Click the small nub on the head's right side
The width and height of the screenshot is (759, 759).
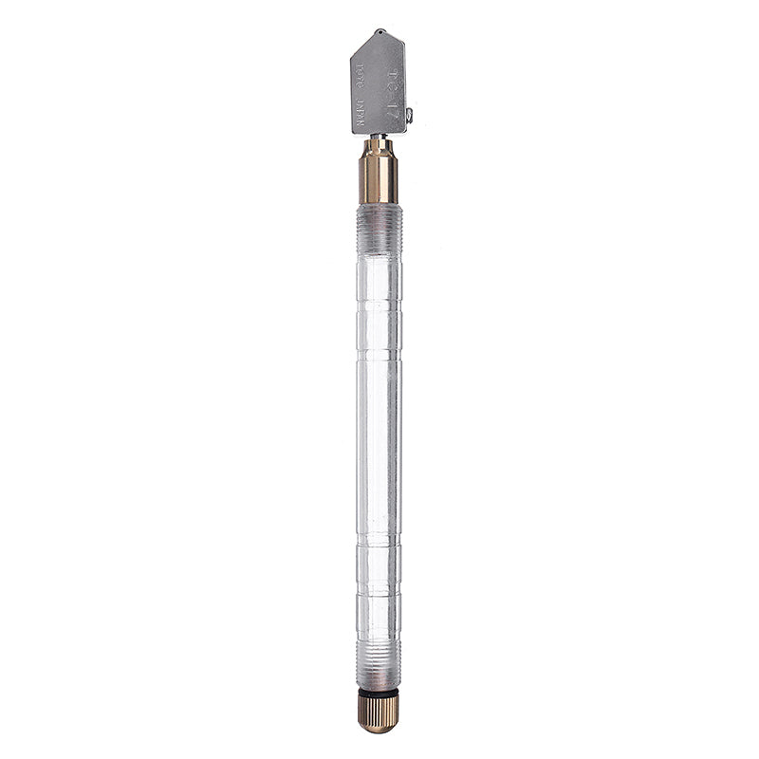410,116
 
